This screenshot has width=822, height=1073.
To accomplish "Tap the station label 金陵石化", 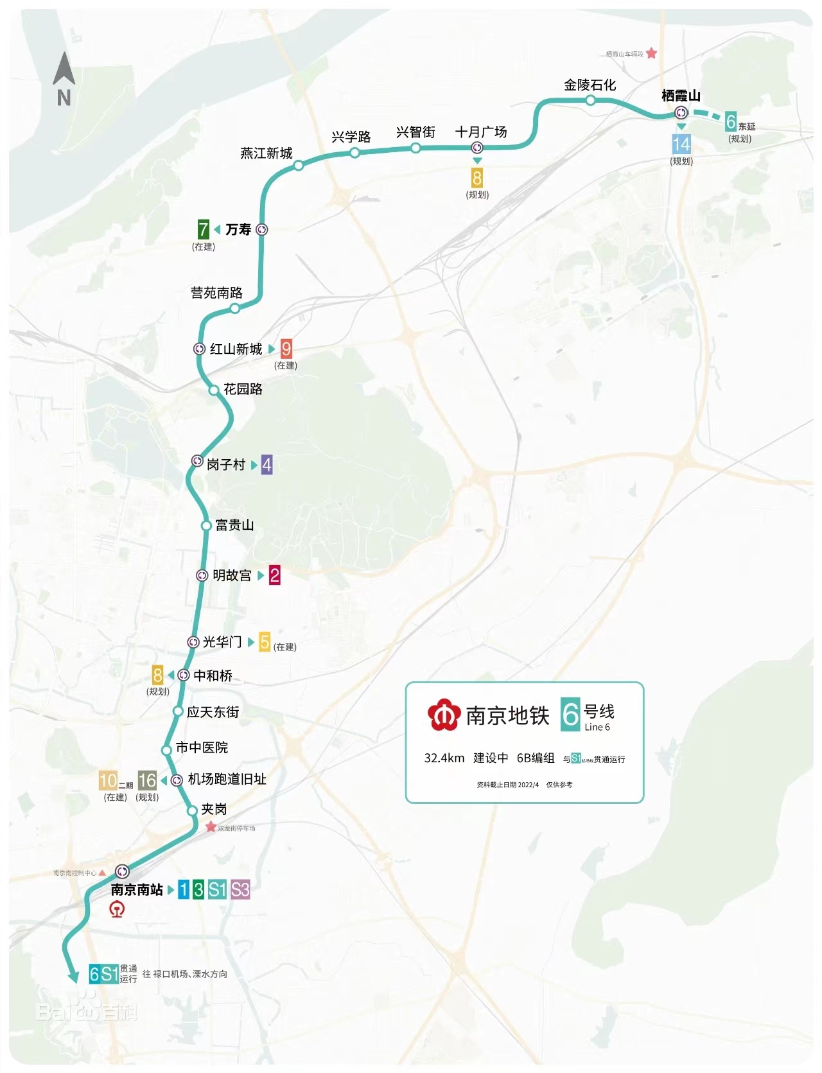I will [590, 85].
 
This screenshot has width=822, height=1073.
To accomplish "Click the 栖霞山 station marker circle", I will [681, 113].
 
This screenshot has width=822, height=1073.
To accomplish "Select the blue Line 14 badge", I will [681, 144].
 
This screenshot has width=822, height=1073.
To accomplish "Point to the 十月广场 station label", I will [481, 132].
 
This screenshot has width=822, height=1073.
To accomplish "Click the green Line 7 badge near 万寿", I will [203, 229].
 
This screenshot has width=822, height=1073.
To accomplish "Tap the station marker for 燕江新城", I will [299, 166].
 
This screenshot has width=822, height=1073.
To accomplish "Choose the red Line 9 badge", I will [286, 349].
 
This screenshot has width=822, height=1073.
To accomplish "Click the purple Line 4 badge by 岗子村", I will [267, 464].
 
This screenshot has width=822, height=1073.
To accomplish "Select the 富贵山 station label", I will [234, 525].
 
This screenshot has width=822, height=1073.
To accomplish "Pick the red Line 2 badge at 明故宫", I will [275, 575].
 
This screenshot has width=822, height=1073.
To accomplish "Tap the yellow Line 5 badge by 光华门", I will [265, 641].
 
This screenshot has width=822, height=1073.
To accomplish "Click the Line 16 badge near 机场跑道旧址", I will [147, 780].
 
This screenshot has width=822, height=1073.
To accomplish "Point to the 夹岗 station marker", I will [192, 811].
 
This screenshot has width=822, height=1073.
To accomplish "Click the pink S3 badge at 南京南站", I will [240, 889].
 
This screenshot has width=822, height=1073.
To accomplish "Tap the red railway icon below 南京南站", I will [117, 909].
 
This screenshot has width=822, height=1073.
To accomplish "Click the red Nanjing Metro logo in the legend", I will [444, 715].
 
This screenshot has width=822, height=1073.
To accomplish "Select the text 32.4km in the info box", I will [444, 758].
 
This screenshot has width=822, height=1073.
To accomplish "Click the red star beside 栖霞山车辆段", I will [651, 53].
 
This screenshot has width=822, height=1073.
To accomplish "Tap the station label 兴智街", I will [415, 132].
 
